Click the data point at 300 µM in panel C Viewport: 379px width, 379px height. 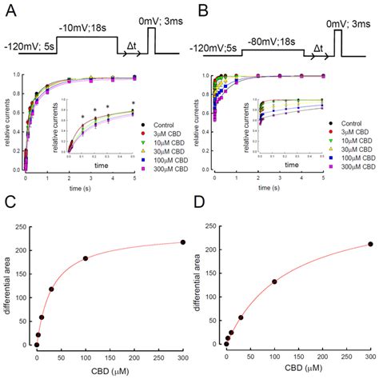pyautogui.click(x=182, y=241)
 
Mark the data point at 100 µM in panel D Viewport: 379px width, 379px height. pyautogui.click(x=274, y=281)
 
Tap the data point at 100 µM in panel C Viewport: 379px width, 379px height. pyautogui.click(x=86, y=258)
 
